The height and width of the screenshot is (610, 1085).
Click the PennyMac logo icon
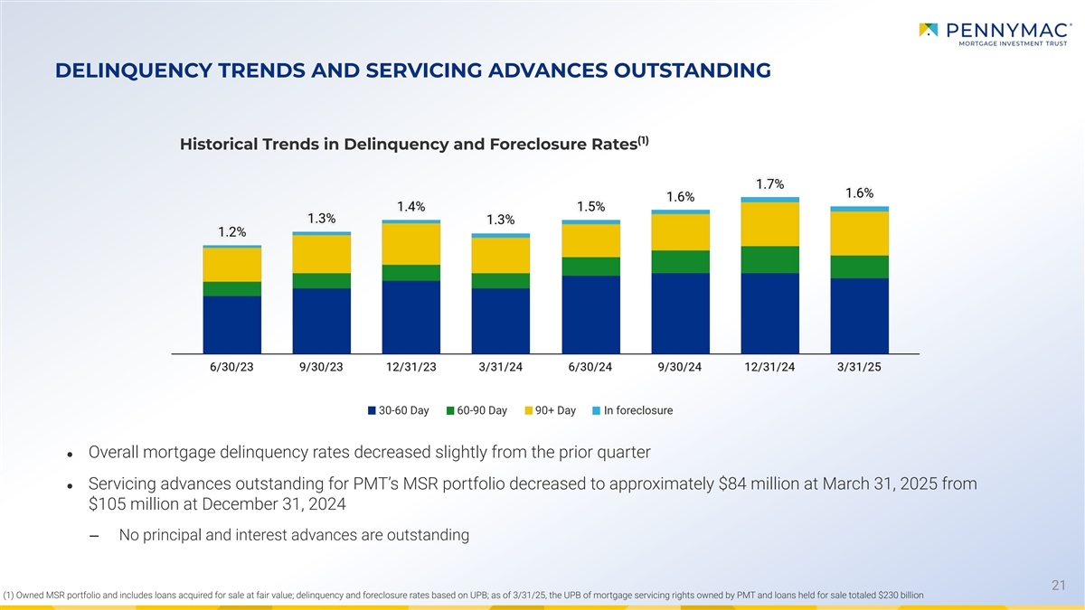pos(929,31)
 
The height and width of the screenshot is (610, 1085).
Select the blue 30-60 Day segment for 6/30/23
pos(232,324)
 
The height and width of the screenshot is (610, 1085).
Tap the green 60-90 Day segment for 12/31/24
pos(769,259)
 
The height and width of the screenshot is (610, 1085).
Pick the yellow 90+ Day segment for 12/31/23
pos(411,244)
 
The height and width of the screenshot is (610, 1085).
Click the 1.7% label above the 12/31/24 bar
pos(769,183)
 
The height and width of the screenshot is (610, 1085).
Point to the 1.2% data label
pos(232,231)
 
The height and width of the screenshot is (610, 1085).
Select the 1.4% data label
pos(411,206)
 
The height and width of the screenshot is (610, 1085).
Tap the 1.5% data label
pos(590,206)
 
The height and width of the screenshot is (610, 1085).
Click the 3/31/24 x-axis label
pos(501,366)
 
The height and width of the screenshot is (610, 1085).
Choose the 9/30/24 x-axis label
pos(680,366)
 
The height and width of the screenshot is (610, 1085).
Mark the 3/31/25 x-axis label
pos(859,366)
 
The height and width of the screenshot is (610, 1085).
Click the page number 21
pos(1060,586)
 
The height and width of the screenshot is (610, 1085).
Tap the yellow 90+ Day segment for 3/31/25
pos(859,233)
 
